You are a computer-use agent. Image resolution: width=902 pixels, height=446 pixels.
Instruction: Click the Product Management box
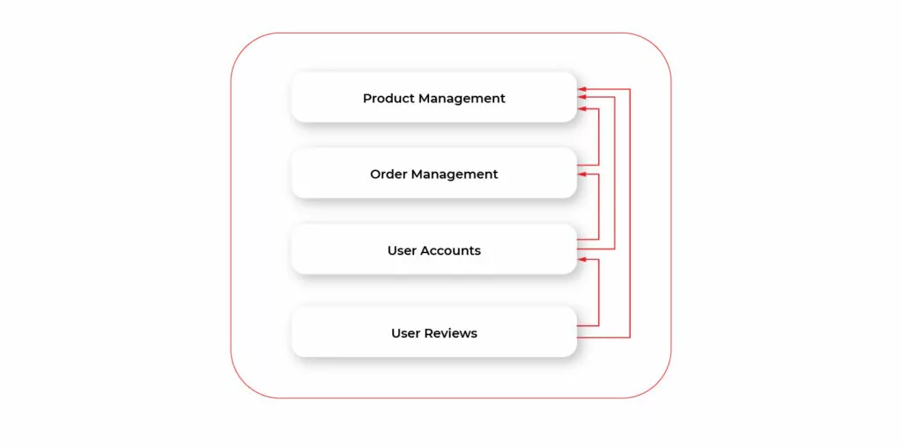(x=433, y=98)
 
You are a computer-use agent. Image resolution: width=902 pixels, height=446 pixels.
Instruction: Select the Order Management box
(x=433, y=174)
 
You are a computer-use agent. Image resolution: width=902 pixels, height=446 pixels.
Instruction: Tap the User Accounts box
(x=433, y=249)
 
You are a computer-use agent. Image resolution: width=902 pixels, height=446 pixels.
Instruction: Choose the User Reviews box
(x=433, y=332)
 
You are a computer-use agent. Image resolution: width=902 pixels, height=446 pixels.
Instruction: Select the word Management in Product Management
(x=462, y=99)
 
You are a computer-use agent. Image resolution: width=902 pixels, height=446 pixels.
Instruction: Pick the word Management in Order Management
(x=455, y=175)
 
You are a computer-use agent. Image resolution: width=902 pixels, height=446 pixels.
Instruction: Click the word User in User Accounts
(x=402, y=250)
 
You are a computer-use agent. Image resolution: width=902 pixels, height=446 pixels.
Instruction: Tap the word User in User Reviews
(x=405, y=333)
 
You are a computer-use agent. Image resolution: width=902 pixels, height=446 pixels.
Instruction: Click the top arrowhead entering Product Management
(x=582, y=89)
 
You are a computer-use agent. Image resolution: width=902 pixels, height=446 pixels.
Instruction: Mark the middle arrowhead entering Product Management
(x=582, y=99)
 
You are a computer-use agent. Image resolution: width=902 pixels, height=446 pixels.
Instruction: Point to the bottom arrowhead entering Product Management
(x=582, y=109)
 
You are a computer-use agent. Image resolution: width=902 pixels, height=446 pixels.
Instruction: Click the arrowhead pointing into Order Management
(x=582, y=175)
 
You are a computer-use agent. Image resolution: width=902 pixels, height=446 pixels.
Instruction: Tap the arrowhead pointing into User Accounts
(x=582, y=259)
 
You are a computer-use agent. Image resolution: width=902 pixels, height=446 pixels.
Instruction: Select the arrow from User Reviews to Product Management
(x=630, y=220)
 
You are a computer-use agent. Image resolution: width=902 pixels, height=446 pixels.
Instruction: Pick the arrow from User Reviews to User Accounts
(x=599, y=295)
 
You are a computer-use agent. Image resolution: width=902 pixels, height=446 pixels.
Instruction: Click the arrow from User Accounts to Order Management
(x=599, y=207)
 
